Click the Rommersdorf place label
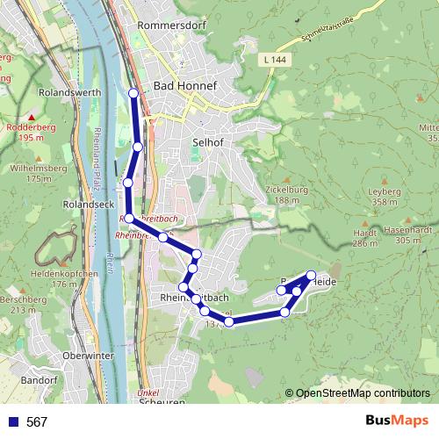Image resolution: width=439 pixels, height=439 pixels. click(171, 25)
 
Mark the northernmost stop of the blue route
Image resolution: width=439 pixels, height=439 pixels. click(133, 92)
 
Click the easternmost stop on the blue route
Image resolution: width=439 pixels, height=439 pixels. click(311, 275)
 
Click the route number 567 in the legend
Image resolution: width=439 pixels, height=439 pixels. click(37, 421)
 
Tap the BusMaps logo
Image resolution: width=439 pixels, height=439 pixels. click(397, 421)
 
